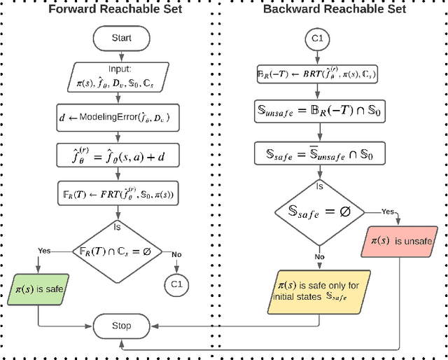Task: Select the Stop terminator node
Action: (122, 326)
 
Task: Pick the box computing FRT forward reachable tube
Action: (122, 193)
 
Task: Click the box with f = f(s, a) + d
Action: (122, 154)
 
